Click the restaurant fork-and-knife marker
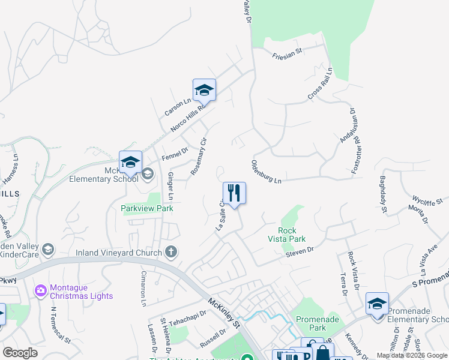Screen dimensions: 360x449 click(234, 193)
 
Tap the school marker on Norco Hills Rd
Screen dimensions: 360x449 click(204, 90)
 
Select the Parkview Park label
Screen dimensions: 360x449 click(147, 208)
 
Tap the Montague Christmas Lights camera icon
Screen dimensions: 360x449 click(41, 291)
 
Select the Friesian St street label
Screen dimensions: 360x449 click(286, 53)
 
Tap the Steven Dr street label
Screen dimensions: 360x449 click(300, 250)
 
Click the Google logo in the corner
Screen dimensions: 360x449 click(20, 353)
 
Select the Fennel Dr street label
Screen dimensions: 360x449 click(175, 154)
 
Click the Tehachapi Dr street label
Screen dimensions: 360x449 click(187, 318)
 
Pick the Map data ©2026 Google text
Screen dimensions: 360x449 click(412, 355)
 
